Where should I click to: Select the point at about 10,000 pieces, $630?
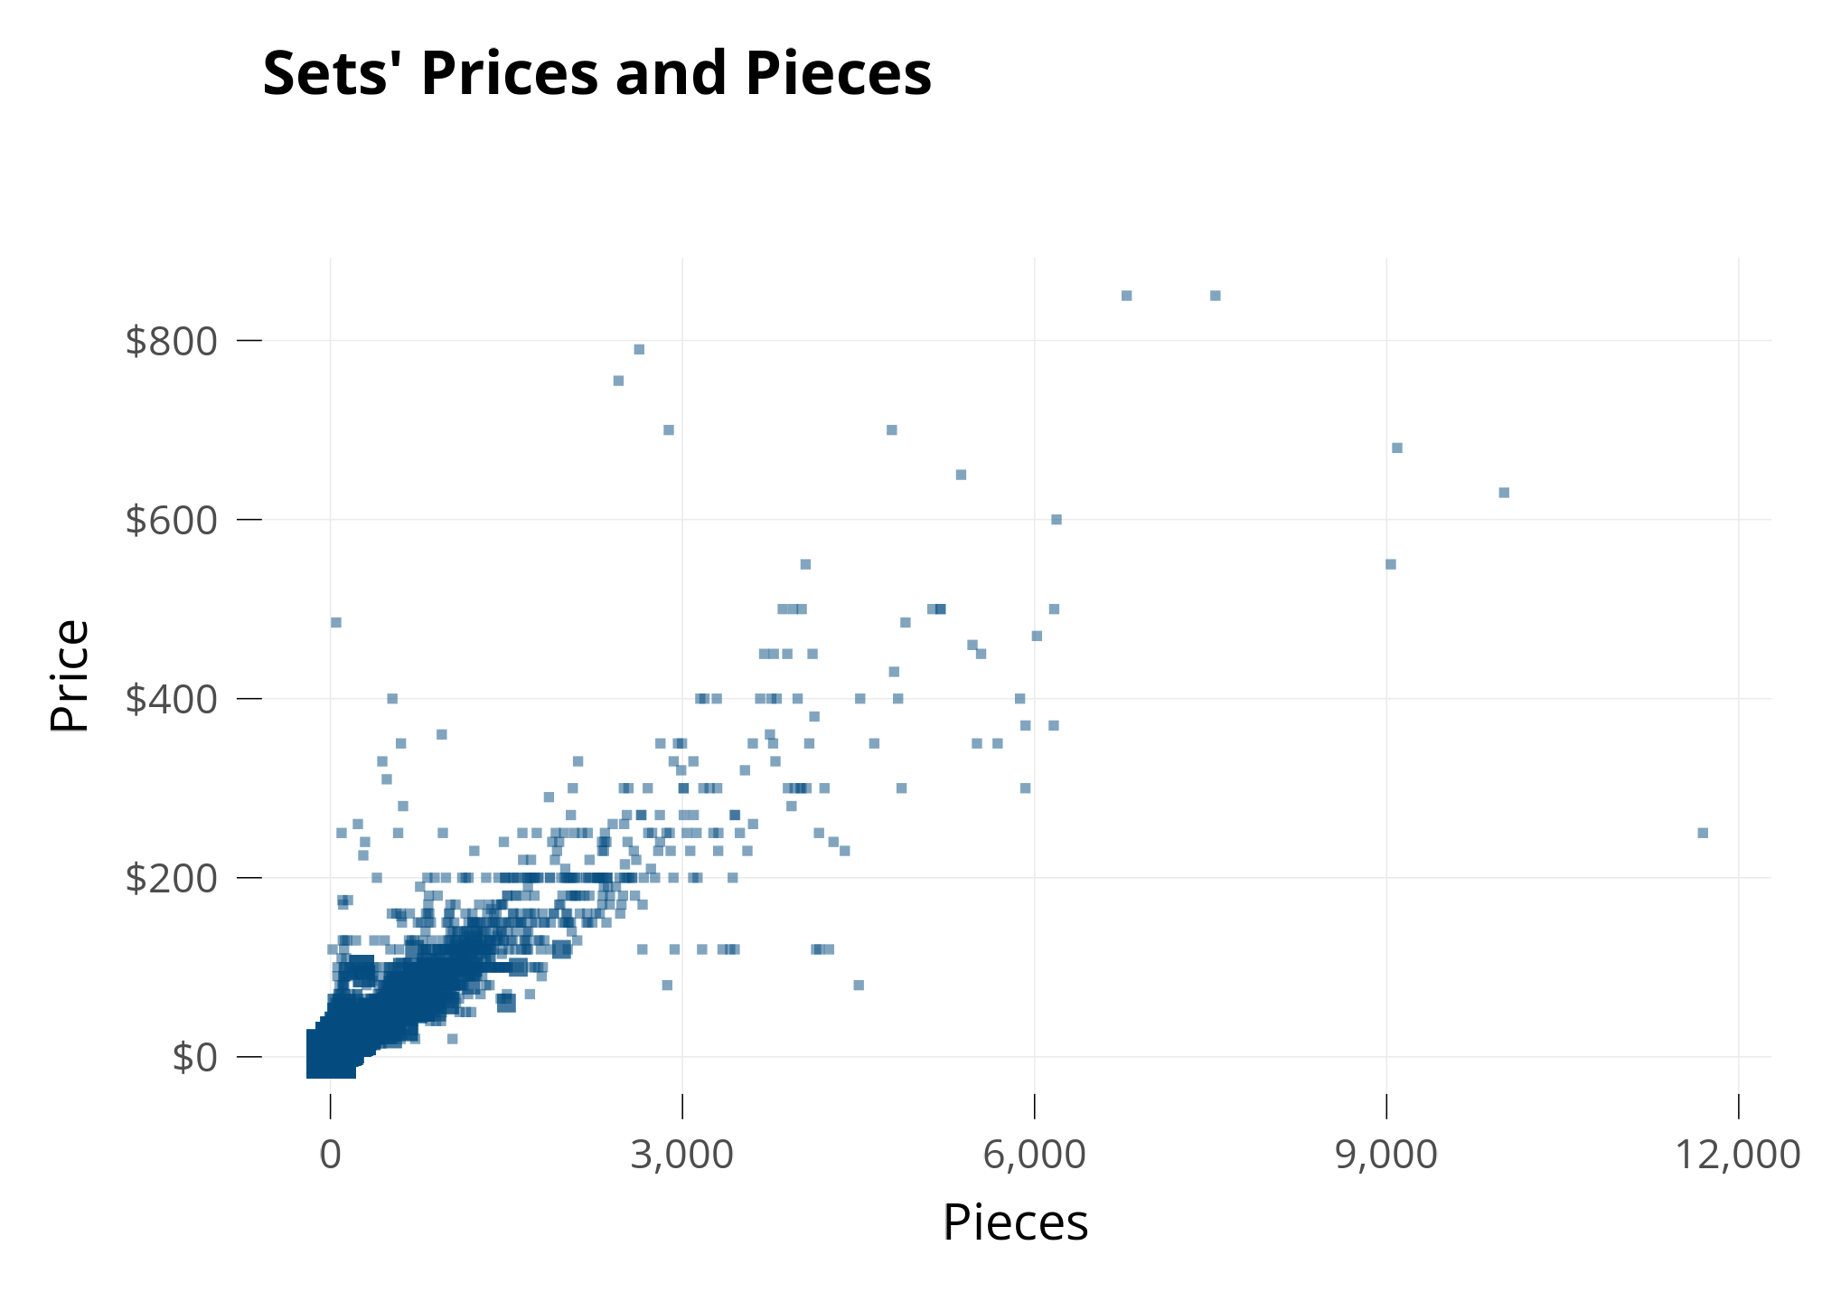[1504, 493]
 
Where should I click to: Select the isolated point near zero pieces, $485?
[336, 622]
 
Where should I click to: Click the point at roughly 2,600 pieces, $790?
[639, 349]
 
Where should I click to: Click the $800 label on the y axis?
[172, 342]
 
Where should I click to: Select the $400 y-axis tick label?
[172, 700]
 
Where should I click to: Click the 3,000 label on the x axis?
[681, 1156]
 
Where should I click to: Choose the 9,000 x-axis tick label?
[1385, 1156]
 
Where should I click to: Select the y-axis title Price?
[70, 675]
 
